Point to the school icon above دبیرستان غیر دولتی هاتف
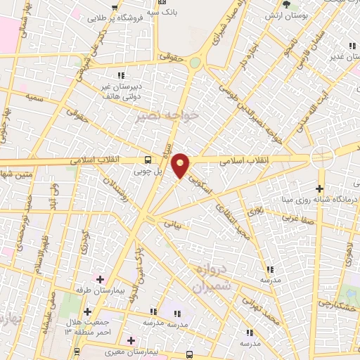(x=121, y=75)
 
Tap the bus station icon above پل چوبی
(x=148, y=160)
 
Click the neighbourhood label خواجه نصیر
(x=167, y=115)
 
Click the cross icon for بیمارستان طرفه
(x=98, y=279)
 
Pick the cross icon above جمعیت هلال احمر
(x=87, y=311)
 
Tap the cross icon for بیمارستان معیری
(x=131, y=340)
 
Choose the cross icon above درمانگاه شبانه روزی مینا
(x=320, y=188)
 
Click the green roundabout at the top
(x=194, y=62)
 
